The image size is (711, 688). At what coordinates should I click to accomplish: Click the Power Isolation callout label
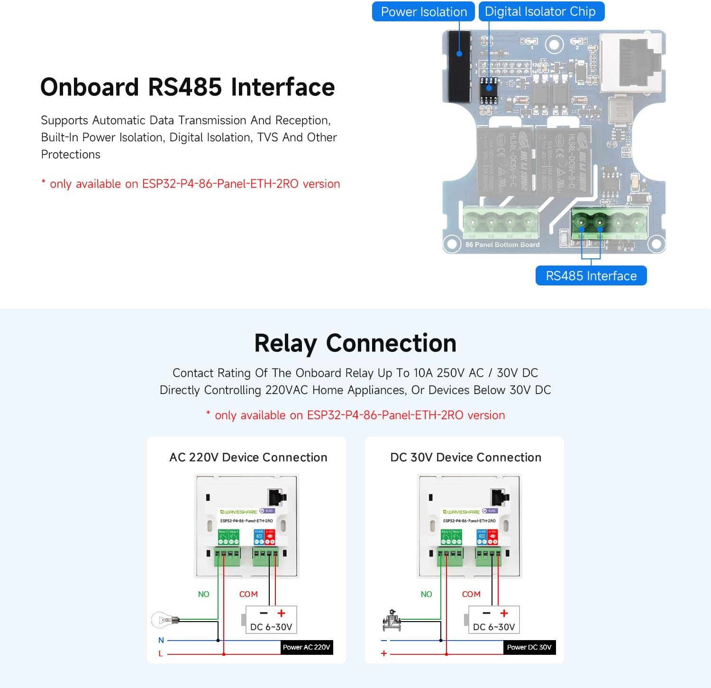(x=423, y=12)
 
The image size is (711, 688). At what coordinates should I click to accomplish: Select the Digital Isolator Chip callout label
(x=541, y=12)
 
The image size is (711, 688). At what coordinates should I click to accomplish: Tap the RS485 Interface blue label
(x=591, y=276)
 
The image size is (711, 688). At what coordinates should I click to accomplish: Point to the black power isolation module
(x=458, y=66)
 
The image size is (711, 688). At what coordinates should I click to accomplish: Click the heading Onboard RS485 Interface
(x=188, y=87)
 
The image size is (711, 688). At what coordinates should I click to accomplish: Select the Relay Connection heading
(x=355, y=343)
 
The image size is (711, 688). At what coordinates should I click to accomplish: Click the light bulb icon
(x=164, y=620)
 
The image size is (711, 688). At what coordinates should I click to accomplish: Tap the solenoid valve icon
(x=392, y=620)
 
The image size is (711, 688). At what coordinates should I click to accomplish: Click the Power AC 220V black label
(x=306, y=647)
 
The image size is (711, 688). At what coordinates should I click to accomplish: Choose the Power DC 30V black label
(x=529, y=647)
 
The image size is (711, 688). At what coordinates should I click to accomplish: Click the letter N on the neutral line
(x=161, y=640)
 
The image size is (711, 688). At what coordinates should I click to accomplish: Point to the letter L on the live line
(x=161, y=654)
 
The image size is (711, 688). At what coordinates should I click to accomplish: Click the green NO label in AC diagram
(x=203, y=594)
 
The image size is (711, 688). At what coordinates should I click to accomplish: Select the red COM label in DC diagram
(x=471, y=594)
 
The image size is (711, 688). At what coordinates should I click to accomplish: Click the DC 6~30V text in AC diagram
(x=271, y=627)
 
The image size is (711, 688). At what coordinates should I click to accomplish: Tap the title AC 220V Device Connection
(x=248, y=457)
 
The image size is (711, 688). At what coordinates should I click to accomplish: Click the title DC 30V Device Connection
(x=465, y=457)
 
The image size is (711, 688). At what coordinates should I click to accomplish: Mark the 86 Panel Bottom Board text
(x=502, y=245)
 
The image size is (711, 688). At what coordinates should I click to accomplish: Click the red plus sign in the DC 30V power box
(x=504, y=613)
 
